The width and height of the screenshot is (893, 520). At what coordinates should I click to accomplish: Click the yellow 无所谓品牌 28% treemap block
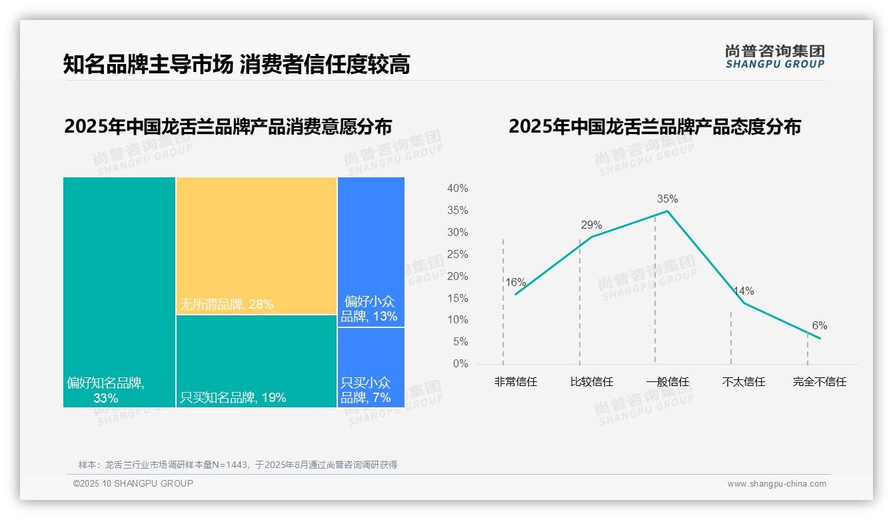[257, 245]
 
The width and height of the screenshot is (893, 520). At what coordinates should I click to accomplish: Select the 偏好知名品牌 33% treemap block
[119, 292]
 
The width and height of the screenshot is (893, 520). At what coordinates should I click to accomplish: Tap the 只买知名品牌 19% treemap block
[257, 361]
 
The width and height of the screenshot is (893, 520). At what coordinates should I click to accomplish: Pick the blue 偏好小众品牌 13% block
[371, 252]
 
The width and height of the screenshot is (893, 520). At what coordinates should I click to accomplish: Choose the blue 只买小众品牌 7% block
[371, 367]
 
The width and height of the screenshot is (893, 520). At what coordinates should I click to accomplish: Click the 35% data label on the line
[667, 199]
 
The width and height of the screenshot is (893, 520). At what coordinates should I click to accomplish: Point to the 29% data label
[591, 225]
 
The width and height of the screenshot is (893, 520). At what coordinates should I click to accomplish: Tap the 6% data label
[820, 326]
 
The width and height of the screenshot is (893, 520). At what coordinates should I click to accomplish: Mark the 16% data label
[515, 283]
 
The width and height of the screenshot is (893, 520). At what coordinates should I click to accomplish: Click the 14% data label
[744, 291]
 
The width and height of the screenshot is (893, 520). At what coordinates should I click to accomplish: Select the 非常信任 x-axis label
[515, 382]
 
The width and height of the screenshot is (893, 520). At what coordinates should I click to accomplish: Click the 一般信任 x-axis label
[667, 382]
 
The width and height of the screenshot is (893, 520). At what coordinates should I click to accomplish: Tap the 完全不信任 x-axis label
[819, 382]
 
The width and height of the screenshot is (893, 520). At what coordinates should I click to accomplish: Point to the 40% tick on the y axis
[457, 189]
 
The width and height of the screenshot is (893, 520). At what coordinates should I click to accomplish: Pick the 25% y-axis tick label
[457, 255]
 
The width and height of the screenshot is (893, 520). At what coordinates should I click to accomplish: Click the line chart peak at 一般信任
[667, 211]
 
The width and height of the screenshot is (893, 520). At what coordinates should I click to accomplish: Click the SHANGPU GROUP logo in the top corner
[774, 57]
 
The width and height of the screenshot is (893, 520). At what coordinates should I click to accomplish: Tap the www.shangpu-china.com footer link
[776, 484]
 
